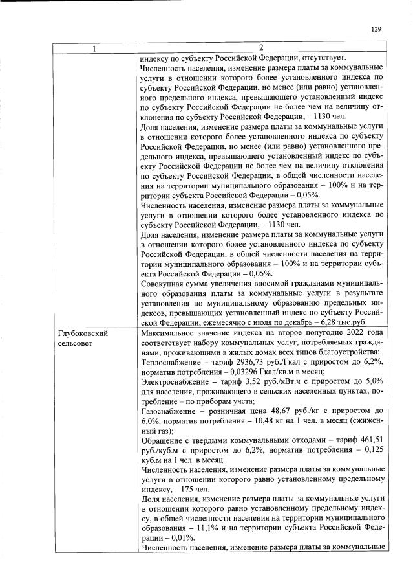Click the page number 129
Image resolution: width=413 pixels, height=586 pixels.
pos(377,29)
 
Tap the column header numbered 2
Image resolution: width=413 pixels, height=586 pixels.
pos(261,47)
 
